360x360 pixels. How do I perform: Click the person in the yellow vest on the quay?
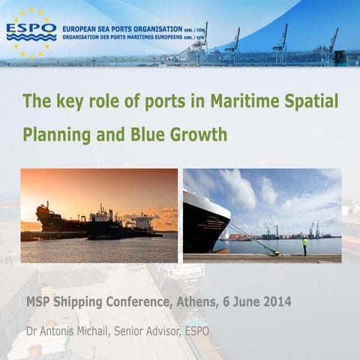pyautogui.click(x=304, y=246)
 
